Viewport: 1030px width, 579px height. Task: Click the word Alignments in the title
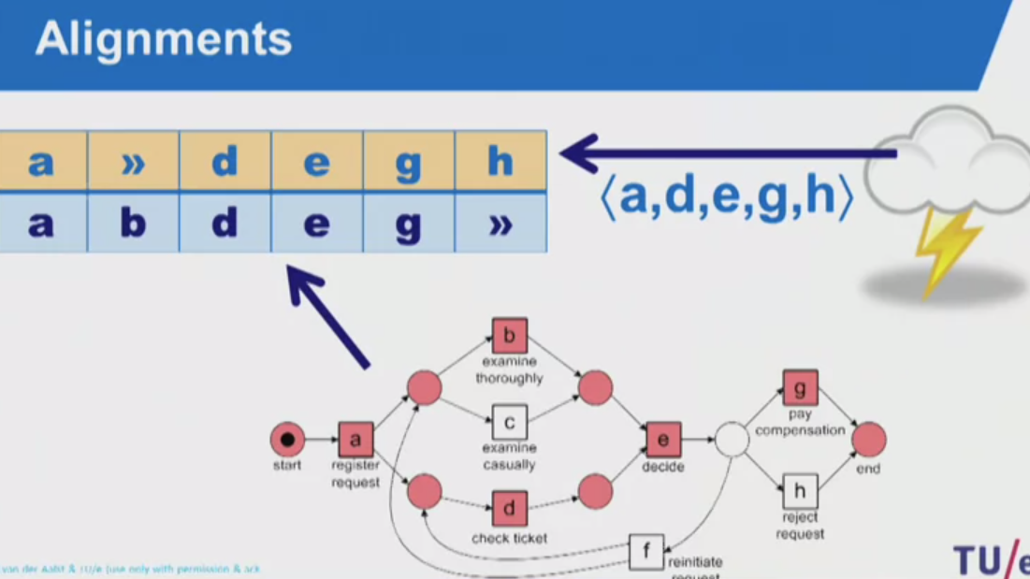pos(164,39)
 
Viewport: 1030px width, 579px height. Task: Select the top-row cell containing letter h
pos(500,162)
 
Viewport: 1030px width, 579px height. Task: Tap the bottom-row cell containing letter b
pos(133,224)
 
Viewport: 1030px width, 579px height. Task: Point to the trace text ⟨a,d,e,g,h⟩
pos(726,198)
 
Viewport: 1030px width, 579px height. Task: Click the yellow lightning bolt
pos(946,249)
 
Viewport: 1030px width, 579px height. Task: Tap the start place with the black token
pos(287,439)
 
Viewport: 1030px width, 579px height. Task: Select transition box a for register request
pos(355,439)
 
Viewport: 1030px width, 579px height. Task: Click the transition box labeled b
pos(509,336)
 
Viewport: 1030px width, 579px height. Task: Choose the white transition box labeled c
pos(509,423)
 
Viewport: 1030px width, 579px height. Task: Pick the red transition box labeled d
pos(509,509)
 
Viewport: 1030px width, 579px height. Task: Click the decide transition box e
pos(663,440)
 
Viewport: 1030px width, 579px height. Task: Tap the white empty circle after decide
pos(732,440)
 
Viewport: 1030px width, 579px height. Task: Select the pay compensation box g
pos(800,387)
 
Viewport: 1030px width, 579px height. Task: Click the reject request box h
pos(800,491)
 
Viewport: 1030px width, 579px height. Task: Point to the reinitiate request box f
pos(646,551)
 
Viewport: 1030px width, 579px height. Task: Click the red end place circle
pos(868,440)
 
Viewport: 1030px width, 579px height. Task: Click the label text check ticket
pos(509,539)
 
